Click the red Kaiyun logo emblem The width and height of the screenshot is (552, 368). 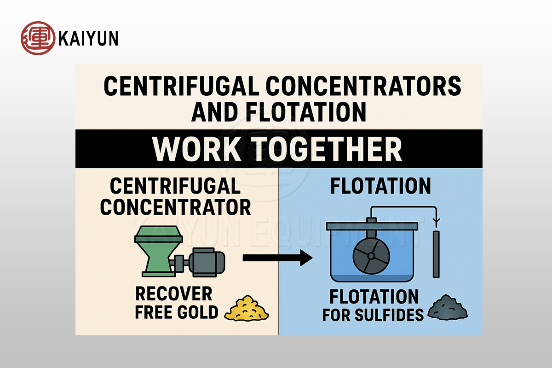coord(38,38)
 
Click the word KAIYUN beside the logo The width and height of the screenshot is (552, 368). coord(88,39)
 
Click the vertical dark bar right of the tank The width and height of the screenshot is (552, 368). coord(436,254)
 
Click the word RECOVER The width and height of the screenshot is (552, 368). coord(173,293)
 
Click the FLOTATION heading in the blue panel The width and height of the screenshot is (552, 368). coord(381,186)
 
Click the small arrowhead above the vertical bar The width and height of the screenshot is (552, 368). coord(436,220)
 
